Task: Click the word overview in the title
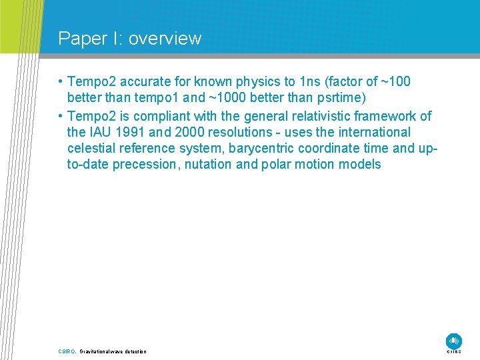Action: click(x=165, y=39)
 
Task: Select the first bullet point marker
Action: click(x=60, y=82)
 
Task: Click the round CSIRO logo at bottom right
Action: click(x=454, y=340)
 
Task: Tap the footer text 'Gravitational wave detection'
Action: click(x=113, y=351)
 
